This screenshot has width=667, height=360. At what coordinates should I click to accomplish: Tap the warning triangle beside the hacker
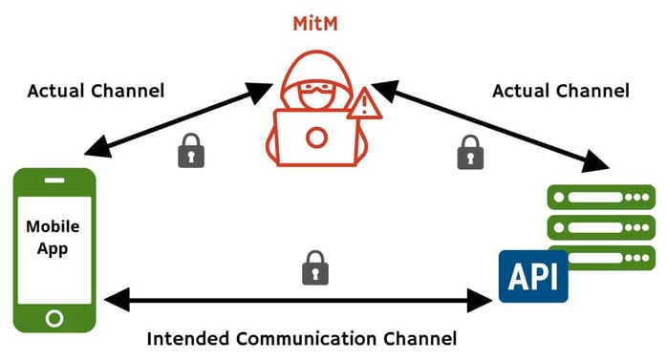tap(363, 103)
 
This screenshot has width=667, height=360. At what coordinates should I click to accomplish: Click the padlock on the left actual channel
tap(192, 150)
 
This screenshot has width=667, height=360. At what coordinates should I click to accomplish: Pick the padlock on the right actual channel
tap(468, 151)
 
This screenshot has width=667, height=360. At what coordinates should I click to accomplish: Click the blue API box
tap(532, 275)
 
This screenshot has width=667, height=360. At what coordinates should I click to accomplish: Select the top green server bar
tap(600, 197)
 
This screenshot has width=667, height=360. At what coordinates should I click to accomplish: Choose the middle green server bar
tap(600, 228)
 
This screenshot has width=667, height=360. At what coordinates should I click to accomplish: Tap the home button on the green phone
tap(54, 316)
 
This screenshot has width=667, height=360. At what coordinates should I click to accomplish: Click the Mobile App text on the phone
tap(53, 238)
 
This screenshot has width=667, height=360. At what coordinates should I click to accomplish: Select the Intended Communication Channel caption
tap(301, 338)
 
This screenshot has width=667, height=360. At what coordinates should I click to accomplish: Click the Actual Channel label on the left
tap(96, 92)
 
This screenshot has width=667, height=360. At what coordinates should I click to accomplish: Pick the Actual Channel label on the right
tap(561, 92)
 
